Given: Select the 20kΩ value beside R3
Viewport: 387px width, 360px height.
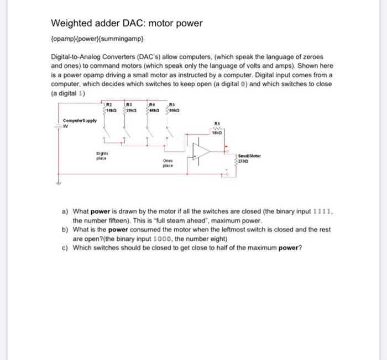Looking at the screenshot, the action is coord(130,110).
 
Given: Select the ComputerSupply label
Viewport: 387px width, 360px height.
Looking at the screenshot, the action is coord(80,120).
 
